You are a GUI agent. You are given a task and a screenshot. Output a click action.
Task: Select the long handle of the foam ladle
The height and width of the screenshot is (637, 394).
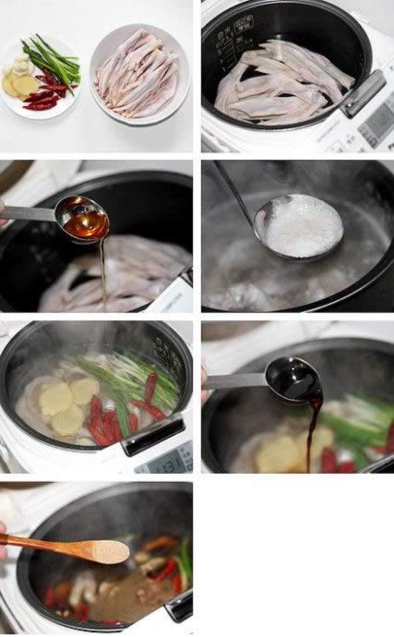231,190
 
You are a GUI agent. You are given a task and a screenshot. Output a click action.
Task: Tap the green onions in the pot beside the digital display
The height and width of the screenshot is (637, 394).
129,379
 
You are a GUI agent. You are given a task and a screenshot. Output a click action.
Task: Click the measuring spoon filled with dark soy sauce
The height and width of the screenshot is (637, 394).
293,377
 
